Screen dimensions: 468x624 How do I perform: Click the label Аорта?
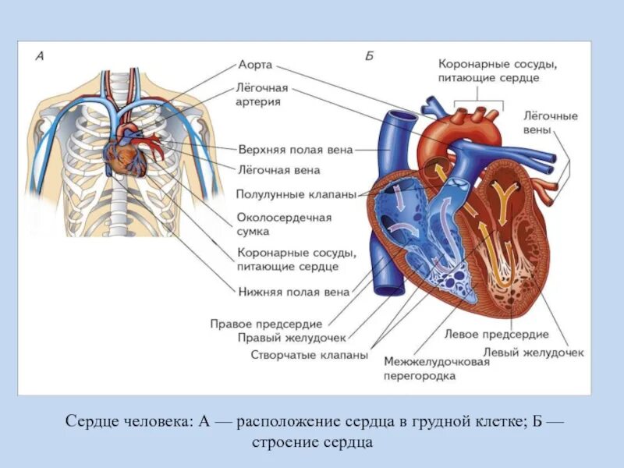click(255, 66)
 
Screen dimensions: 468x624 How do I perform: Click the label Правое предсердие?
click(266, 323)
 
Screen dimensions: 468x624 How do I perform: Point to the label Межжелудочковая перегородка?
click(431, 368)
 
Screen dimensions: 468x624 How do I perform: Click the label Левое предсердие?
click(497, 334)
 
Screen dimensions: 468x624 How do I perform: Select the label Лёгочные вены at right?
click(551, 122)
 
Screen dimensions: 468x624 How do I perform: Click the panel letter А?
click(39, 56)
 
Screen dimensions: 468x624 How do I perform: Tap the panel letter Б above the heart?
click(369, 56)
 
